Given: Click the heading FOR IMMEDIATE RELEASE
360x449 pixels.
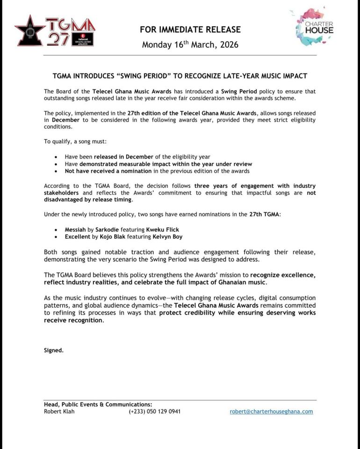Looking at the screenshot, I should pos(190,29).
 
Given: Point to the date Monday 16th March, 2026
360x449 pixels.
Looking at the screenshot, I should pos(190,45).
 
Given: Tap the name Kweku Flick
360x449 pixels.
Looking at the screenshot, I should pos(163,230).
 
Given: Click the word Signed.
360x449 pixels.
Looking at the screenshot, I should pos(53,350).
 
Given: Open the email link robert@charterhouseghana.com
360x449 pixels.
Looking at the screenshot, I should pos(271,412).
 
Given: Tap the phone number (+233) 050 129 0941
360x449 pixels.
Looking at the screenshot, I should pos(154,412).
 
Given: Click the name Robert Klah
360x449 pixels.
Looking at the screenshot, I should pos(59,412).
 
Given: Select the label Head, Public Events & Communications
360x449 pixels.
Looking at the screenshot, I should pos(98,404).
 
